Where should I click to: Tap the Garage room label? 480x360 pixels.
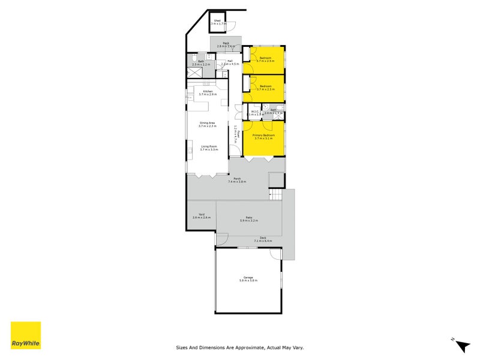[248, 277]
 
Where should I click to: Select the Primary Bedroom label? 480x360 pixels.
[264, 136]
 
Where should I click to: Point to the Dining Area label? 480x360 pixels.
[207, 123]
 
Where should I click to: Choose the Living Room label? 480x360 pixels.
[209, 146]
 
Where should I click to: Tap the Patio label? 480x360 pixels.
[248, 218]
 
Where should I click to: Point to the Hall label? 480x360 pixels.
[230, 61]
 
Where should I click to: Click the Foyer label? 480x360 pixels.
[238, 133]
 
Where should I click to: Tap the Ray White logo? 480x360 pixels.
[26, 335]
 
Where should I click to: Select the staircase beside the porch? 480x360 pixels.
[275, 194]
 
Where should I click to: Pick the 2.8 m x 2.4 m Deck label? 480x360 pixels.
[226, 43]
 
